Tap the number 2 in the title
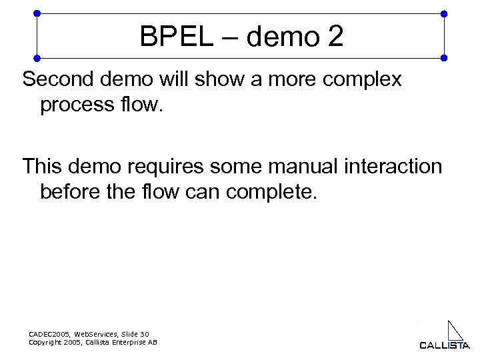[x=335, y=37]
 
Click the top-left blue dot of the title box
[x=37, y=13]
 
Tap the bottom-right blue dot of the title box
[x=445, y=57]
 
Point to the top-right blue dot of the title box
[x=445, y=13]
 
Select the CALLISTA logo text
[x=445, y=345]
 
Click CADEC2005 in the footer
[x=49, y=333]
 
